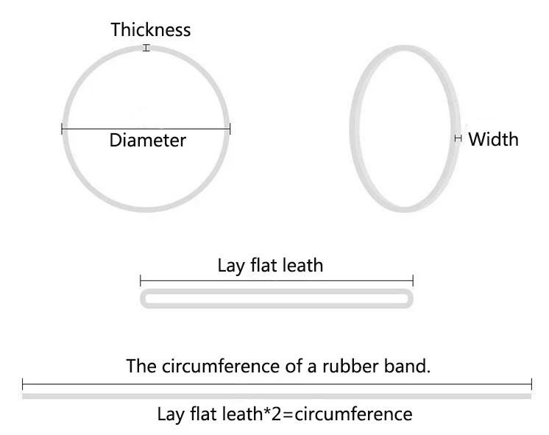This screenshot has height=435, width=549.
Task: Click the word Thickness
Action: (151, 30)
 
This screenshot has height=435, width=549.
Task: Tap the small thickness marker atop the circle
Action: (146, 49)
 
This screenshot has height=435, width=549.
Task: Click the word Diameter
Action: (147, 140)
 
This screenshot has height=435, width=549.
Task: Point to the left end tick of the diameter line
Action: (62, 130)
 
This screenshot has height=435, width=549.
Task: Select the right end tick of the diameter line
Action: (230, 130)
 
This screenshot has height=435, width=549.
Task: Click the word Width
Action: (493, 139)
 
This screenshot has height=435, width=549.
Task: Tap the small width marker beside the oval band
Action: (458, 138)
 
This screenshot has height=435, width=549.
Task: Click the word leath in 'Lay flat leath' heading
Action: (302, 265)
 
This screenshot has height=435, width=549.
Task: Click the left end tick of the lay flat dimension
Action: (141, 280)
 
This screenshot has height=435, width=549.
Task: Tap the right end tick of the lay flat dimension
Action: (413, 280)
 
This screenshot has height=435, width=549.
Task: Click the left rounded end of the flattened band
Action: (144, 299)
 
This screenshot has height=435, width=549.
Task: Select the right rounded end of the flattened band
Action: (409, 299)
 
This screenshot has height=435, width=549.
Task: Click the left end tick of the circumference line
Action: (23, 383)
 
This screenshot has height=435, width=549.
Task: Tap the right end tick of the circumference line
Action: (531, 383)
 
